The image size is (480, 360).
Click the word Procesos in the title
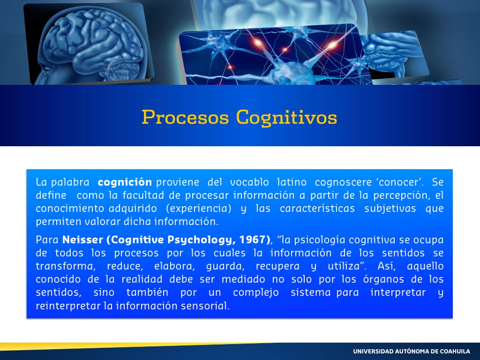185,117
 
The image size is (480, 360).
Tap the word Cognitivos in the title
286,118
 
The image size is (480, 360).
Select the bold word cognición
125,182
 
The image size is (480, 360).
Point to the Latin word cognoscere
343,182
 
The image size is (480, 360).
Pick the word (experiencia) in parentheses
199,209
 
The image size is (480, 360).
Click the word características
317,209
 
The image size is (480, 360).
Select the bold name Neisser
82,240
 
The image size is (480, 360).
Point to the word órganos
383,279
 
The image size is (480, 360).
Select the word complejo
256,292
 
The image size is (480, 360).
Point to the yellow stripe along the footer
122,346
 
